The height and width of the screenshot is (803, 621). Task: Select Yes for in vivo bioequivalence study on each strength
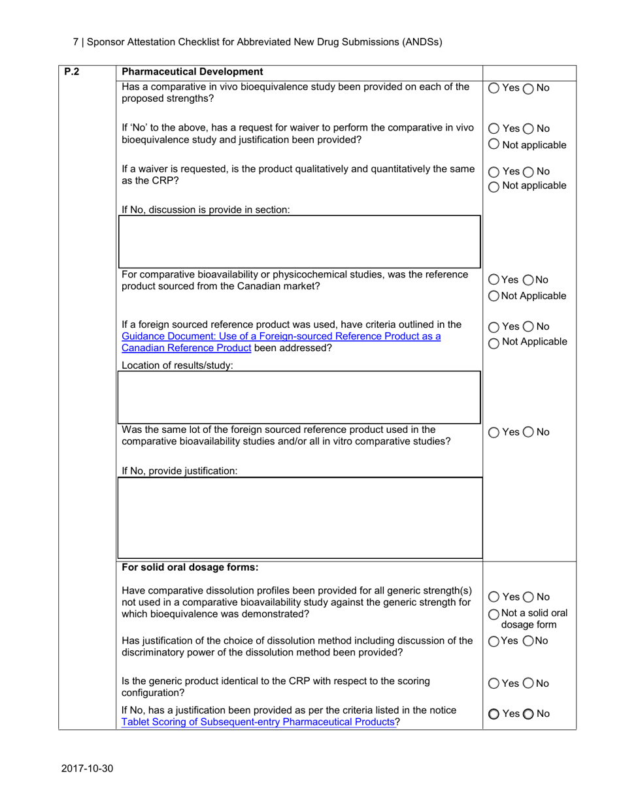click(x=494, y=89)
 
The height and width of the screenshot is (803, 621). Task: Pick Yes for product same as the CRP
click(x=494, y=172)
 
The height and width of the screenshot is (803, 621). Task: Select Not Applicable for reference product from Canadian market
click(x=494, y=296)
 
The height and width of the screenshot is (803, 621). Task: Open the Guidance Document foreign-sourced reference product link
click(x=281, y=336)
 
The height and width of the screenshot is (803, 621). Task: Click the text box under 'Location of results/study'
click(x=299, y=396)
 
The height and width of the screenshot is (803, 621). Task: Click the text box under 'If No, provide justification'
click(x=299, y=517)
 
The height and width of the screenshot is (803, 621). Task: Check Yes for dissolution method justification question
click(x=494, y=640)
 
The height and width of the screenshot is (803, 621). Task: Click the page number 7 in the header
click(x=75, y=42)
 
